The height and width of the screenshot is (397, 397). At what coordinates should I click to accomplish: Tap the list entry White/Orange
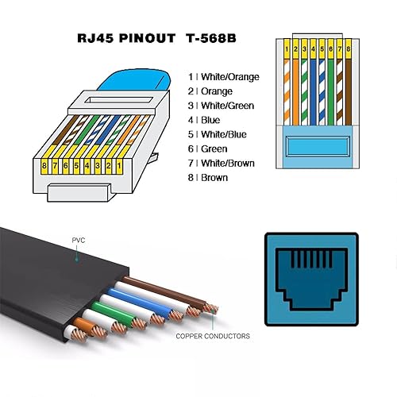click(x=220, y=76)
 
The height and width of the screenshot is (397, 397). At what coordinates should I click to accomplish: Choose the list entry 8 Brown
click(x=208, y=177)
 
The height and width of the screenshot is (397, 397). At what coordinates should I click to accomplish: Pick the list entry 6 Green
click(x=207, y=148)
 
